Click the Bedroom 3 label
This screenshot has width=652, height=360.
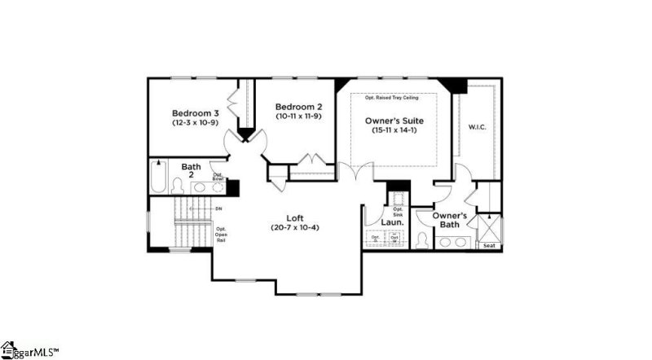click(x=195, y=112)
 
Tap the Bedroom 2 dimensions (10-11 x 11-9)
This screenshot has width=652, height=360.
click(x=297, y=117)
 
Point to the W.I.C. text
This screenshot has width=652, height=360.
click(x=476, y=127)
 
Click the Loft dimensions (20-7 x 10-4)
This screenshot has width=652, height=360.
click(x=295, y=228)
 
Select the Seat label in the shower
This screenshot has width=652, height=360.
click(x=489, y=245)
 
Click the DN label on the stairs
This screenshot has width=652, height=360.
click(x=219, y=209)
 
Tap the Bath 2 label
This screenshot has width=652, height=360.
click(x=190, y=171)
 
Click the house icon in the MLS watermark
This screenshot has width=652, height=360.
click(x=9, y=349)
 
